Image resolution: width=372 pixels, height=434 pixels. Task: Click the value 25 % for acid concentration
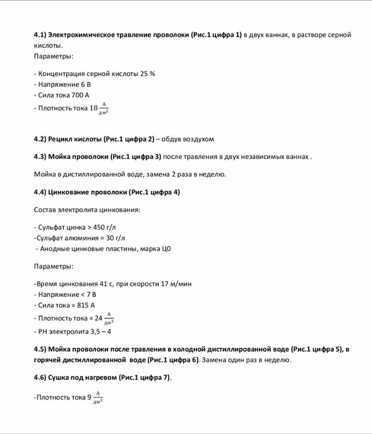click(x=147, y=73)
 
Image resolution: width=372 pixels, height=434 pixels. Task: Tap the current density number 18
click(x=94, y=108)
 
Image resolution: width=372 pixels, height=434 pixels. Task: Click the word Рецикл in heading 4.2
click(x=61, y=139)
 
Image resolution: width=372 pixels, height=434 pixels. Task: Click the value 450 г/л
click(x=112, y=227)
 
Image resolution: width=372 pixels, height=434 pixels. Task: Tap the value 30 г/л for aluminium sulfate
click(x=115, y=237)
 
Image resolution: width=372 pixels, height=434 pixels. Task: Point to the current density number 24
click(x=98, y=318)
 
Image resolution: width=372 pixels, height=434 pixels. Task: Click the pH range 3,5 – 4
click(x=100, y=332)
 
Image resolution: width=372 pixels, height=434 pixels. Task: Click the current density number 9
click(x=89, y=398)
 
